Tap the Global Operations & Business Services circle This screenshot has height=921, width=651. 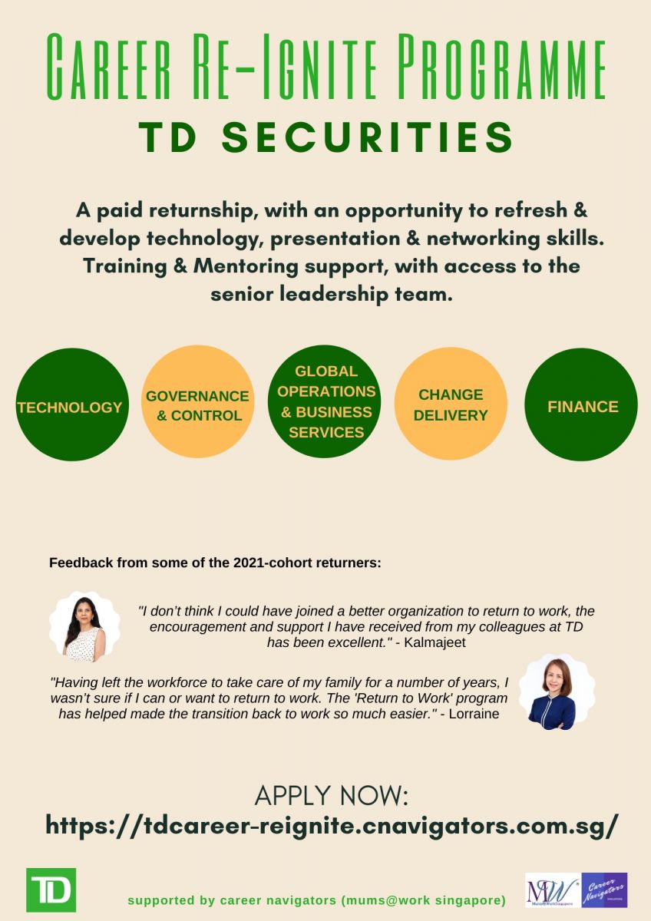click(x=325, y=401)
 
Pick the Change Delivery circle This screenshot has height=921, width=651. click(x=451, y=404)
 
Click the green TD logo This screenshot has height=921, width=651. click(x=51, y=890)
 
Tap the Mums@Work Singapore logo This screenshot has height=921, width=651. click(x=553, y=890)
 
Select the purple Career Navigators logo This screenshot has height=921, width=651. click(x=604, y=890)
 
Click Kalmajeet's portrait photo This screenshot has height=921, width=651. click(x=85, y=626)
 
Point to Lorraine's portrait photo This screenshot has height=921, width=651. click(x=547, y=690)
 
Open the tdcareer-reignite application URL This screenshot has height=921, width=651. click(x=332, y=826)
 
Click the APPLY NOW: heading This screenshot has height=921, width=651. click(x=331, y=796)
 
